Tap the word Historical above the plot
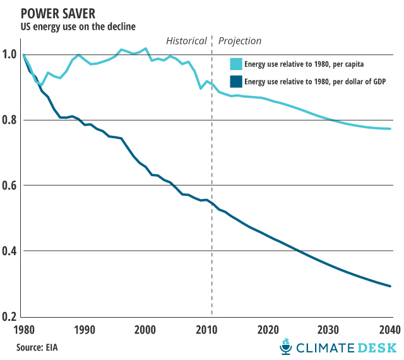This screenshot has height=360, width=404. click(186, 41)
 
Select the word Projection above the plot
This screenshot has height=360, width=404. click(240, 41)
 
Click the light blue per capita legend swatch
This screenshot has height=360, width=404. click(235, 64)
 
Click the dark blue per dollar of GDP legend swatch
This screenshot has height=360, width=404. click(235, 81)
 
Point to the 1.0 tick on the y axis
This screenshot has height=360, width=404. click(11, 54)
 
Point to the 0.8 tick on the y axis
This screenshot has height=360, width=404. click(11, 120)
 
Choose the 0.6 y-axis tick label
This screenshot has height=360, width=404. click(11, 186)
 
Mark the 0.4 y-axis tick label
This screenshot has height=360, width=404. click(11, 251)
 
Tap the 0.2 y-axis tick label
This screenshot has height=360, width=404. click(11, 316)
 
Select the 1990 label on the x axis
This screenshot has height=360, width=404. click(85, 330)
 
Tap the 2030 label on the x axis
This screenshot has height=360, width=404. click(330, 330)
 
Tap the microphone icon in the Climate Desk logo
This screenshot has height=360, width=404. click(286, 346)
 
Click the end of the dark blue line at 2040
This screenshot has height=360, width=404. click(391, 286)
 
